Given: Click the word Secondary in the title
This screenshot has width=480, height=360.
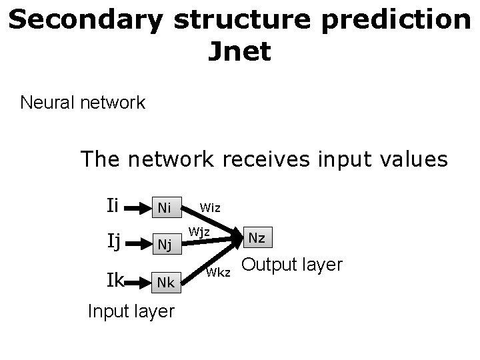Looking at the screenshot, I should [x=85, y=20].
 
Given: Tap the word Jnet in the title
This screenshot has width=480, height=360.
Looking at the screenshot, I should [x=239, y=51].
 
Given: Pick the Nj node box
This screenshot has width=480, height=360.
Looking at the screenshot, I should [x=164, y=245].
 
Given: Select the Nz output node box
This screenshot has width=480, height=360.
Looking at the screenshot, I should [x=257, y=237].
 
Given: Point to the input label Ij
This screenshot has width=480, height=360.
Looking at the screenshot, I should [x=113, y=241].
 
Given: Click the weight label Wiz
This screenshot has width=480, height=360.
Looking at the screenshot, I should [x=211, y=207].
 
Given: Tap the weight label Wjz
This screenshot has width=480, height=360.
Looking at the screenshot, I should [x=199, y=232].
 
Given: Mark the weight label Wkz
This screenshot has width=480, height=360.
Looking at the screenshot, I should [x=219, y=272].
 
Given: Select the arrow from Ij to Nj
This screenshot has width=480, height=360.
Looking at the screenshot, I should [x=137, y=245].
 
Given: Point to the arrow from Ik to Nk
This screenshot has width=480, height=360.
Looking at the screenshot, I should [x=139, y=282].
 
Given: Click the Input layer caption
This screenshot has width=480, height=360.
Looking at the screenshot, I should [x=131, y=311].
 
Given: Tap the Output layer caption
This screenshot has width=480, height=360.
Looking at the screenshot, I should [x=292, y=265].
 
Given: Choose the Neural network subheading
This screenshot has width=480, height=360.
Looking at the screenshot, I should [x=83, y=103].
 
